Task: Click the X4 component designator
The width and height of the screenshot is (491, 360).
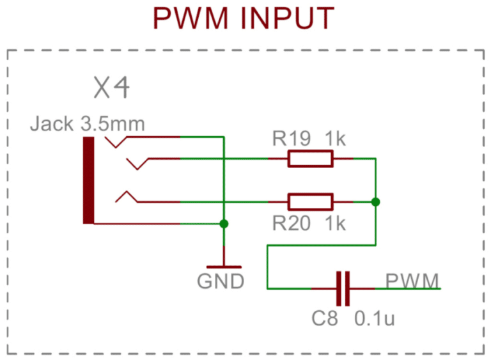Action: point(113,88)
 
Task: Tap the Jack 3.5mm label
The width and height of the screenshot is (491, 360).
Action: point(88,123)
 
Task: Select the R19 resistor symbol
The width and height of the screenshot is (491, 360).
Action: point(310,158)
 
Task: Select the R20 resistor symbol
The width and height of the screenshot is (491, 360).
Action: point(310,202)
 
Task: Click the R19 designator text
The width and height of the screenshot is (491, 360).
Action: point(292,139)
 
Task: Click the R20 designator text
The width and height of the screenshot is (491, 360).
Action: point(292,223)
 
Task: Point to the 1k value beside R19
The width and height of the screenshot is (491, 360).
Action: point(335,139)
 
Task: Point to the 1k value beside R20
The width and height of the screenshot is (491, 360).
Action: point(335,223)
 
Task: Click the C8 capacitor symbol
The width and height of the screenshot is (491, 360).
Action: point(344,288)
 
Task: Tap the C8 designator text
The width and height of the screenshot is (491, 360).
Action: point(325,318)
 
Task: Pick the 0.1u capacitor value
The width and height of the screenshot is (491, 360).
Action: point(375,318)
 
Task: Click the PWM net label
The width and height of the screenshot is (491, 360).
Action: point(412,280)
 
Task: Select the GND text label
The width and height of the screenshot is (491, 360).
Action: point(221,281)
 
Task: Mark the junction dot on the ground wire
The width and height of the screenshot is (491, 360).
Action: point(224,224)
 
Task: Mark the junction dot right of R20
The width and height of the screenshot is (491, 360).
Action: point(375,202)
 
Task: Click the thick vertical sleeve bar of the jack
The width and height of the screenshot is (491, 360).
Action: point(88,180)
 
